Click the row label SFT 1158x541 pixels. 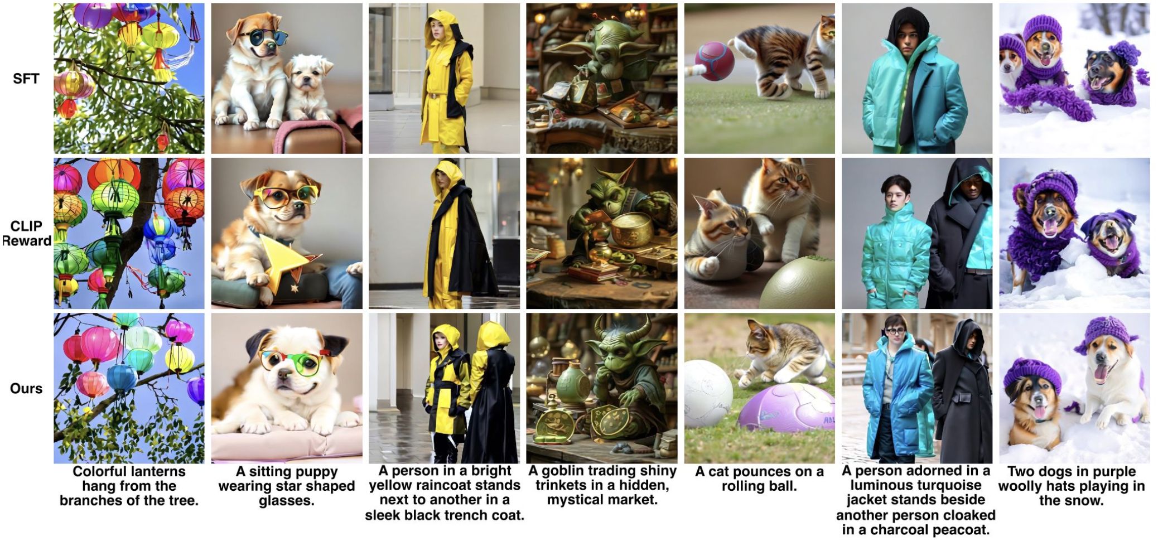[x=26, y=79]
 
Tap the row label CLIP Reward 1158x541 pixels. [x=26, y=234]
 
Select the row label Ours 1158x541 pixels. [x=26, y=389]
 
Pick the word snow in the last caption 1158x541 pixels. [x=1082, y=501]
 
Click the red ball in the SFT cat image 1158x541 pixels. [x=715, y=61]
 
